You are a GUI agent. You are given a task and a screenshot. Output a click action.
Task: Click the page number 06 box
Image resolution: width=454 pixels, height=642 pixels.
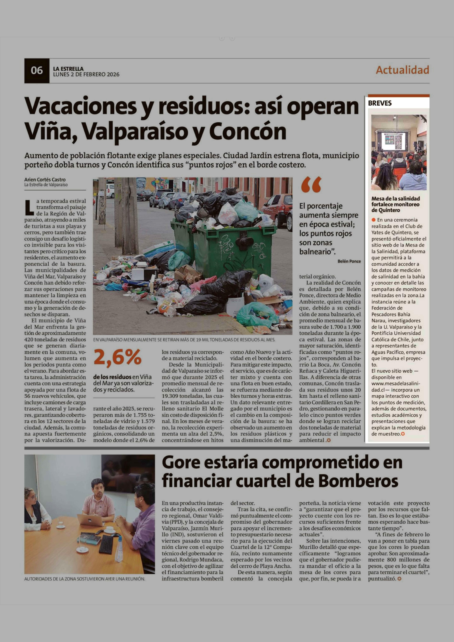(37, 70)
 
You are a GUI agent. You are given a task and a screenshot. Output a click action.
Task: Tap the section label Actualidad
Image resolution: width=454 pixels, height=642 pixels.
(402, 70)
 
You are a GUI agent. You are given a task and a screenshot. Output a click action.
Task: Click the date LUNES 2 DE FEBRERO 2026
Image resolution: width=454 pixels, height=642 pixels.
(86, 74)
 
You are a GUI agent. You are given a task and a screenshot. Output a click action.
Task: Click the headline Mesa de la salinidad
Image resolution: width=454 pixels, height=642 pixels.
(395, 204)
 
